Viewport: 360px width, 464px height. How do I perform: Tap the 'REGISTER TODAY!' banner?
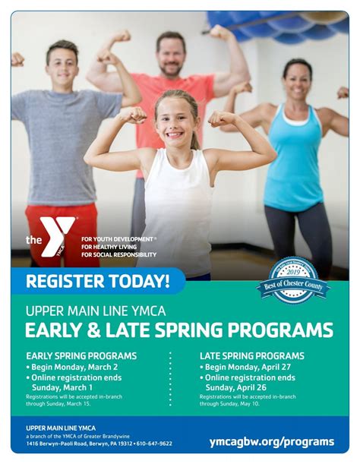coord(97,281)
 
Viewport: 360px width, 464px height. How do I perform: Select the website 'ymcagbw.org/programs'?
coord(271,441)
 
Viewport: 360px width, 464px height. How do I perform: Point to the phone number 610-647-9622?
coord(154,443)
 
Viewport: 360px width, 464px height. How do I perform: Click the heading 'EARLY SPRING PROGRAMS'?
coord(81,355)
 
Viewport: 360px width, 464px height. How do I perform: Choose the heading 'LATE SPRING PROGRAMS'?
coord(251,355)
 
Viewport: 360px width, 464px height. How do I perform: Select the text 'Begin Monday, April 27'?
coord(249,367)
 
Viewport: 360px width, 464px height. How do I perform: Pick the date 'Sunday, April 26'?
coord(241,387)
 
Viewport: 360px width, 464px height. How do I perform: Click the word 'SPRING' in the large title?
coord(194,330)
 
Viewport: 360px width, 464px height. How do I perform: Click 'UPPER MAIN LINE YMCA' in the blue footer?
coord(61,428)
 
